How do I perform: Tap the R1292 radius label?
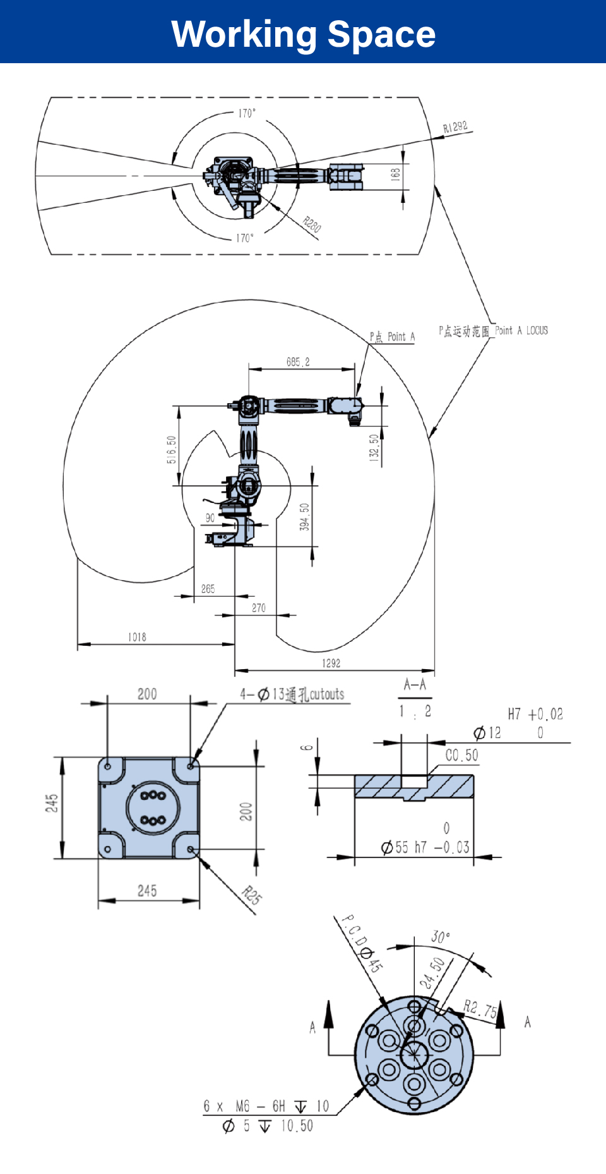(x=455, y=127)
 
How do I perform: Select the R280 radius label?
(x=312, y=224)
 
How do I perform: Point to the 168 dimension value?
(x=396, y=174)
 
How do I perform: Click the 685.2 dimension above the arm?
(x=298, y=362)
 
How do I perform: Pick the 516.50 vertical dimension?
(x=172, y=449)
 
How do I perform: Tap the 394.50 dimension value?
(x=304, y=516)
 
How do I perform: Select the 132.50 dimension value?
(x=374, y=447)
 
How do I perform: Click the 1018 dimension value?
(x=137, y=637)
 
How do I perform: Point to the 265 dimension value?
(x=208, y=589)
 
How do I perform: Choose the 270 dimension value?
(x=259, y=608)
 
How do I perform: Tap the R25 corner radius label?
(x=252, y=895)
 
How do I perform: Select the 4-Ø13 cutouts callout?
(x=292, y=694)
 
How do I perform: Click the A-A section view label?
(x=415, y=684)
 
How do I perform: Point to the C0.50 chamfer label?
(x=461, y=755)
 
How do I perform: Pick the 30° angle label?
(x=441, y=936)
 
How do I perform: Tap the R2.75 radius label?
(x=480, y=1008)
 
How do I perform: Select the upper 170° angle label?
(x=247, y=113)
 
